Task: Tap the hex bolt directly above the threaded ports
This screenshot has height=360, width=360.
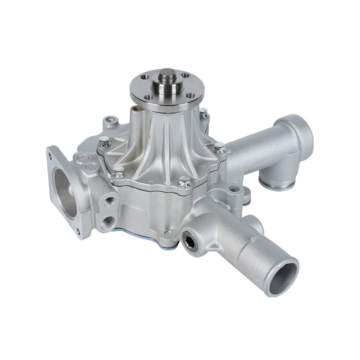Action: tap(118, 171)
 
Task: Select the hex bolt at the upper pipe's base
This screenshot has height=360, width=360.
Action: tap(220, 147)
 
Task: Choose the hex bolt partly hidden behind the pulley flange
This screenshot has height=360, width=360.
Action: tap(203, 113)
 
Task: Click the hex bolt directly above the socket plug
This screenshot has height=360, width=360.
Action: tap(184, 182)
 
